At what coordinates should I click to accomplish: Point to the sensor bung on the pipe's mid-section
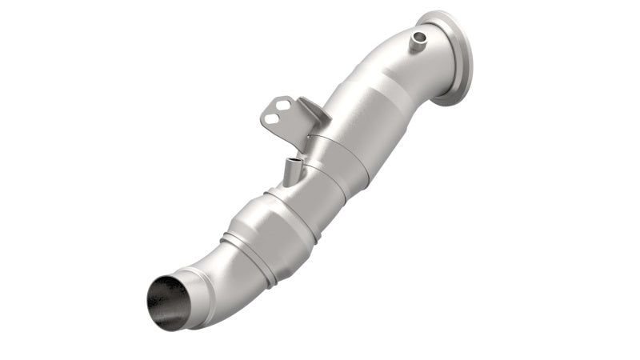pos(293,170)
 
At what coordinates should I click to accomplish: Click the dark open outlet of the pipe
pos(169,302)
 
